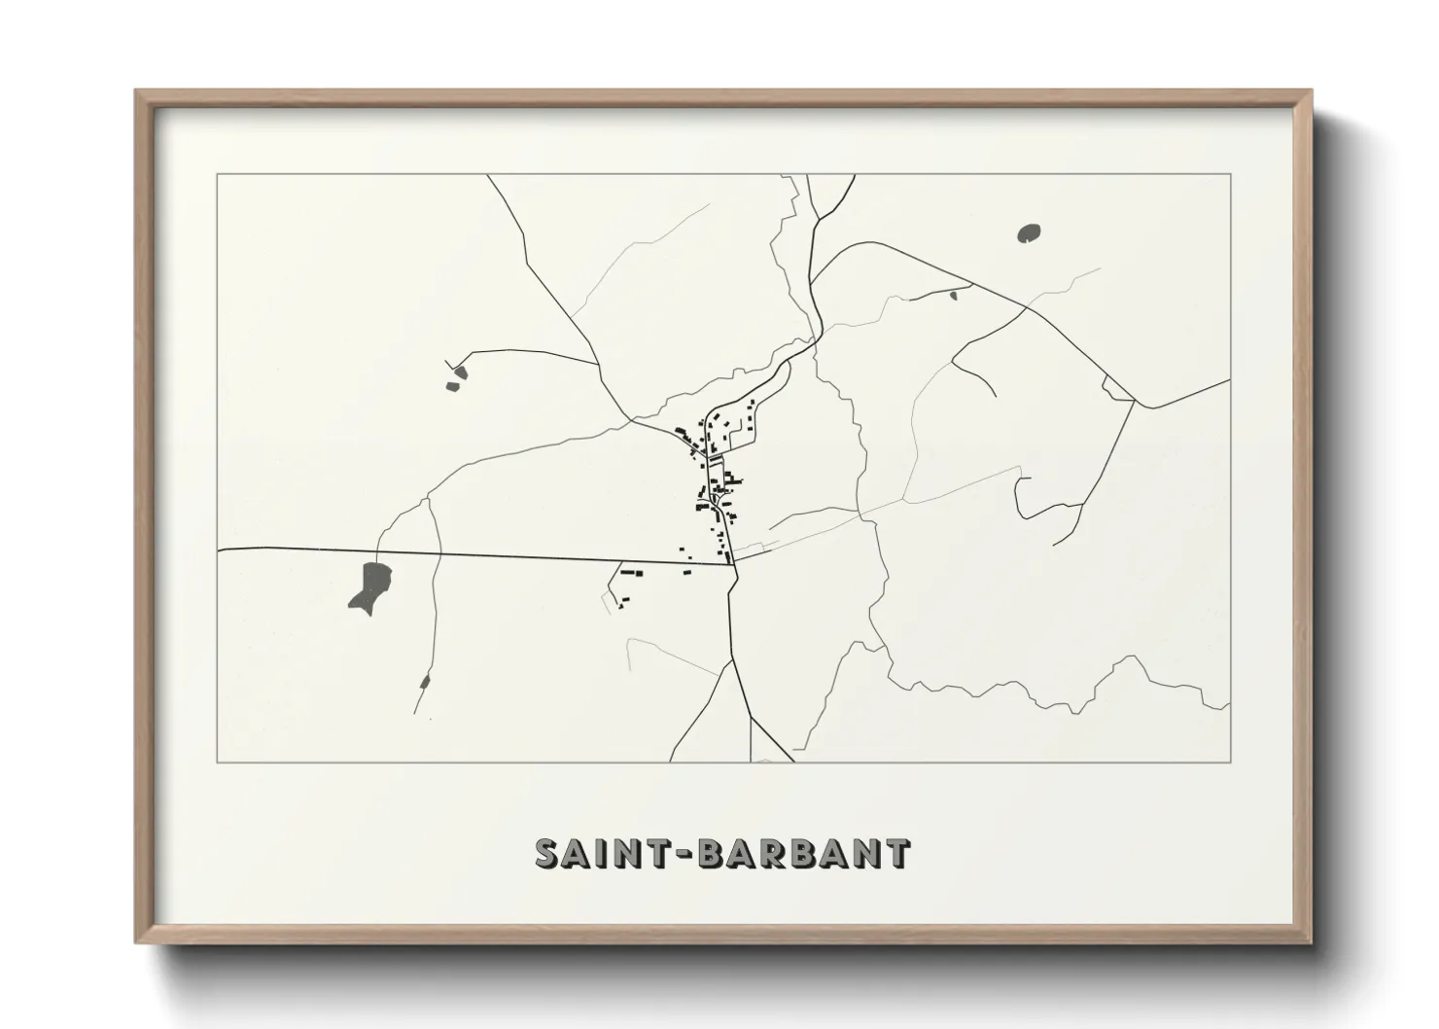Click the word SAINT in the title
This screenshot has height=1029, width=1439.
point(591,854)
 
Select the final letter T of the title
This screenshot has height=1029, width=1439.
point(897,854)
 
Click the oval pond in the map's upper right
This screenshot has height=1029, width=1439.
point(1029,233)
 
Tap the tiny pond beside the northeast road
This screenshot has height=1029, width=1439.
point(954,294)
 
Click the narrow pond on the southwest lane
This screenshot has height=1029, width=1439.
point(424,681)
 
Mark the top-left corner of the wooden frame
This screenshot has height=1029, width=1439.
point(137,91)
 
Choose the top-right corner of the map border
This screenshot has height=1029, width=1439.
point(1231,175)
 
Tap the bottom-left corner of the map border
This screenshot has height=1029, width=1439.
point(218,762)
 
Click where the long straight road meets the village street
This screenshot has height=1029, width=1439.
point(730,563)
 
